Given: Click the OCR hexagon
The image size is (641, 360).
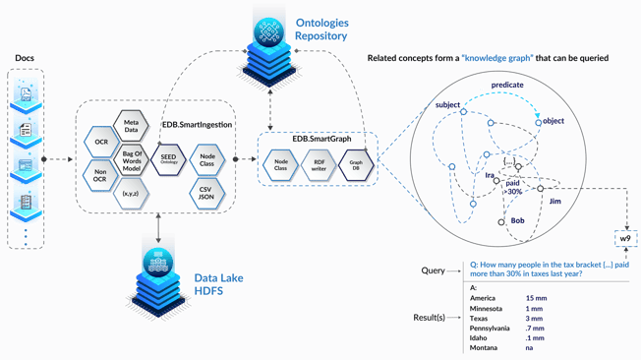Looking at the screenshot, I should coord(101,143).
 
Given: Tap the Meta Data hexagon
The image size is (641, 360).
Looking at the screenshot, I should coord(131,126).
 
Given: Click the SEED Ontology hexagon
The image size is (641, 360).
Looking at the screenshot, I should coord(167,159).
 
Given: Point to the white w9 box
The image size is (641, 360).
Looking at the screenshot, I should coord(625,240).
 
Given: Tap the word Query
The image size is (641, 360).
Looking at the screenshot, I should coord(434,270).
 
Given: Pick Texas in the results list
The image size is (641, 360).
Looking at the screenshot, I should coord(481,318).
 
